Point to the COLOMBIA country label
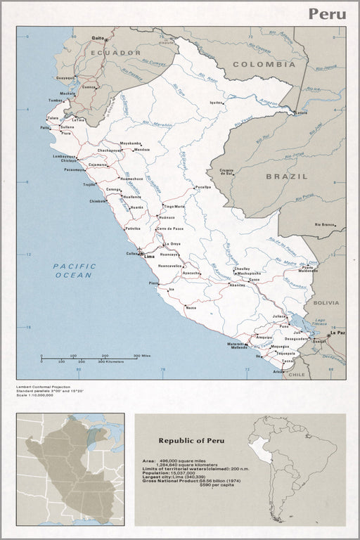click(x=263, y=64)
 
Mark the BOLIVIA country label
click(x=326, y=302)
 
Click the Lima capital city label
click(x=148, y=257)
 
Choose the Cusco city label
click(x=254, y=280)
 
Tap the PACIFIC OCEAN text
click(x=73, y=271)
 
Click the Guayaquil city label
click(x=65, y=77)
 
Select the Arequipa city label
click(x=264, y=337)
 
